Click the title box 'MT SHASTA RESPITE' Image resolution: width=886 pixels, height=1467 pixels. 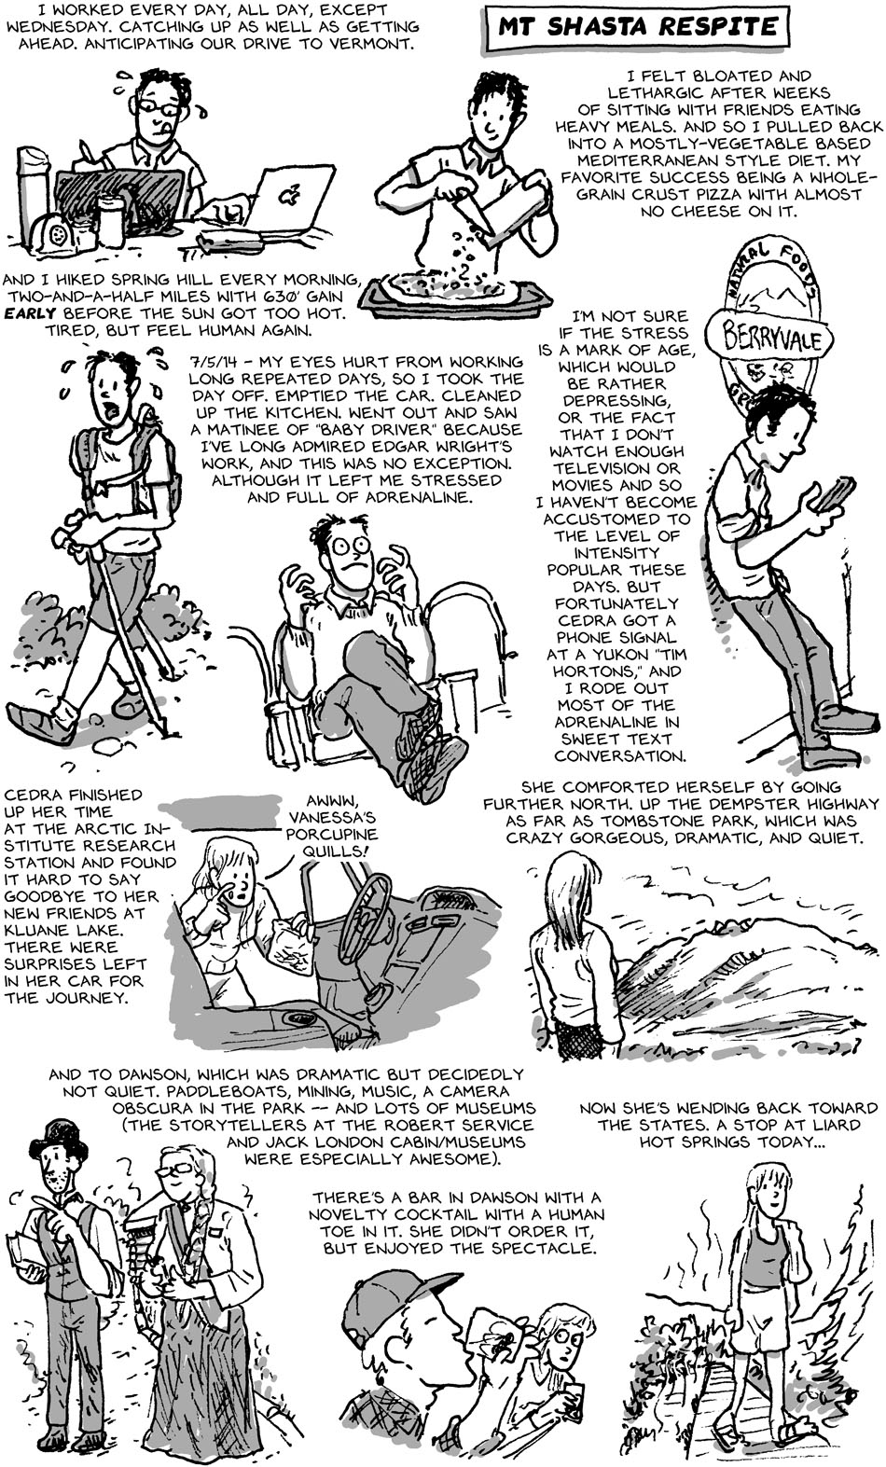(636, 28)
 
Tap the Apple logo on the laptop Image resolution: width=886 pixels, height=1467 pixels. (286, 195)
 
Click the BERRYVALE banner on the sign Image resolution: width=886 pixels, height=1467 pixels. (770, 339)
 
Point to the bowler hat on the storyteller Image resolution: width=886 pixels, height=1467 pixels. (59, 1139)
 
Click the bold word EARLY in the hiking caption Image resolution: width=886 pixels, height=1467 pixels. (30, 313)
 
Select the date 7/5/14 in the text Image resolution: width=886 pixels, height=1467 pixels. (211, 362)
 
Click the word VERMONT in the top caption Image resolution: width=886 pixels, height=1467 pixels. (380, 45)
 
